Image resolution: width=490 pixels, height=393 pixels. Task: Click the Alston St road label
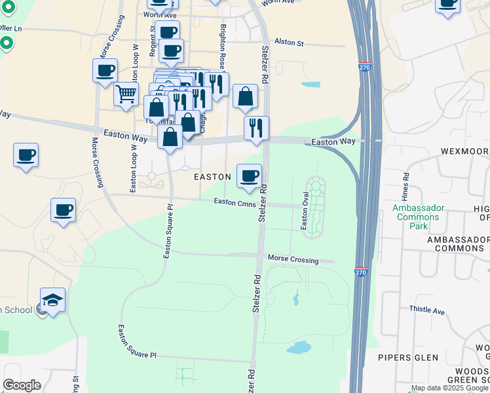[290, 43]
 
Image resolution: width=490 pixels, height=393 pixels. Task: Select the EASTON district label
[212, 177]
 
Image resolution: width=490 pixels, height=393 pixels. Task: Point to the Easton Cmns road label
[234, 202]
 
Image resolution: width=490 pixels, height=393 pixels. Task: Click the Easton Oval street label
[304, 211]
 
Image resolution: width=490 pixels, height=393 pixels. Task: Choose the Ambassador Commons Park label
[419, 217]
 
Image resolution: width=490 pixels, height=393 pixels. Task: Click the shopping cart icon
[126, 93]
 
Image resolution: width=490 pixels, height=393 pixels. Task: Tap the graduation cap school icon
[53, 301]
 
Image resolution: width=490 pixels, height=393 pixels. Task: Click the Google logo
[22, 386]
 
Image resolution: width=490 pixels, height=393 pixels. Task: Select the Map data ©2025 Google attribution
[450, 388]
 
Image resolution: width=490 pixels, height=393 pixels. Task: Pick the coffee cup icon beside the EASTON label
[249, 176]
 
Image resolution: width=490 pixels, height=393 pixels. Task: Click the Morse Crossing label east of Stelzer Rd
[292, 259]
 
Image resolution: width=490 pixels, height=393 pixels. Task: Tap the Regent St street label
[153, 40]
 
